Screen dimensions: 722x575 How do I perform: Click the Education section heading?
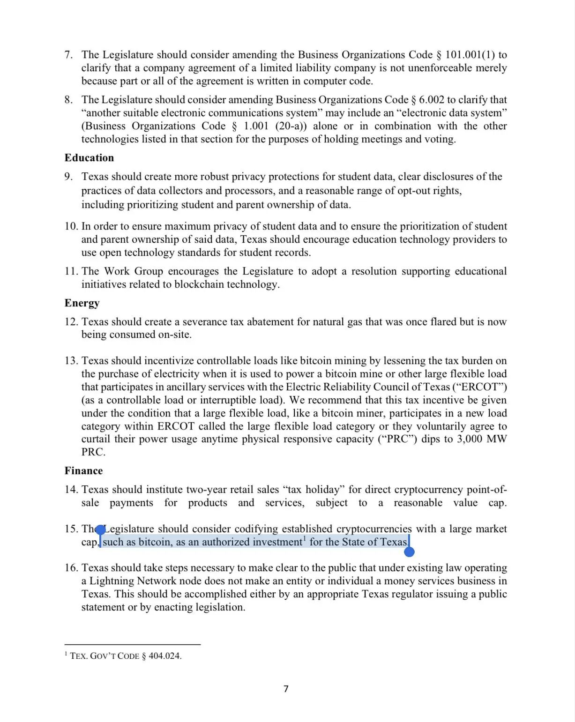pos(89,158)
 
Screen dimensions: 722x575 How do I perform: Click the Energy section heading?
pos(82,303)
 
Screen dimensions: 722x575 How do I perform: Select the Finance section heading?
pos(83,471)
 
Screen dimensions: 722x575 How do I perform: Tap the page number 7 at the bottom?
pos(286,689)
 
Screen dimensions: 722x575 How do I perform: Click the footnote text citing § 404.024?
pos(125,656)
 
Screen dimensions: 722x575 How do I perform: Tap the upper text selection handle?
pos(100,530)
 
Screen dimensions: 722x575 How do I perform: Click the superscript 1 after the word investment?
pos(305,539)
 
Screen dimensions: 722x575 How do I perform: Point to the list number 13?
pos(71,361)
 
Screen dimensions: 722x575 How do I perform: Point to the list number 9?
pos(68,177)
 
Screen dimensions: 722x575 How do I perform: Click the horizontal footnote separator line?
pos(133,645)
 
